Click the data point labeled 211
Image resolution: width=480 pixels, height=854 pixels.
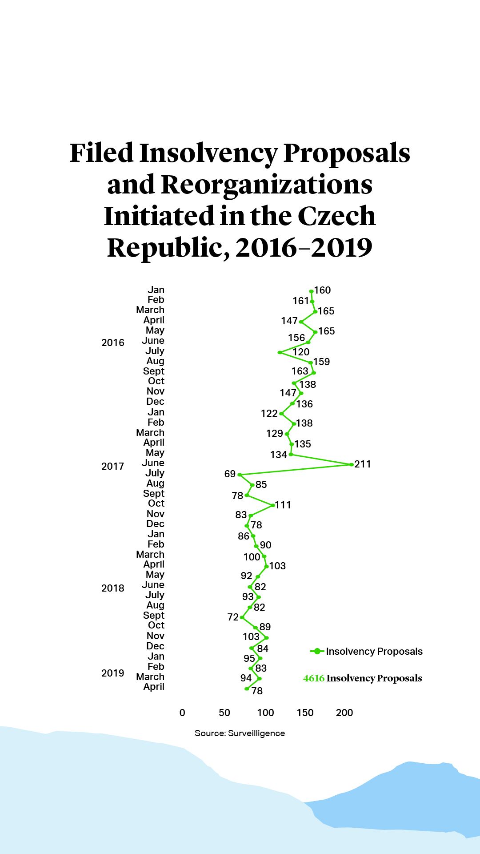point(352,464)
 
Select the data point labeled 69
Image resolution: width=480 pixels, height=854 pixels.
point(240,475)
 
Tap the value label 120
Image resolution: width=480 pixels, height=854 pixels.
point(301,352)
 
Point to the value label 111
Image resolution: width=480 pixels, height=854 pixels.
point(283,505)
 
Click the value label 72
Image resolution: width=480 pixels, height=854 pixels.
point(233,617)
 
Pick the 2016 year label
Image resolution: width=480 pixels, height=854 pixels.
point(113,342)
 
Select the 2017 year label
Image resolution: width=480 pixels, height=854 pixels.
point(113,466)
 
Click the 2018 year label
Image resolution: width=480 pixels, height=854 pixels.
point(113,588)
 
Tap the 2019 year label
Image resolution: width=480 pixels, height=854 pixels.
point(113,673)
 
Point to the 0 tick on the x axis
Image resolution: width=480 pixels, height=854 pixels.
point(182,713)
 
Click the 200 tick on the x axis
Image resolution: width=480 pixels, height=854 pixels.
point(344,713)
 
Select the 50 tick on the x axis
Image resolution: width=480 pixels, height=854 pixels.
point(224,713)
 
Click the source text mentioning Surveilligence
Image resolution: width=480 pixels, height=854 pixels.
point(240,733)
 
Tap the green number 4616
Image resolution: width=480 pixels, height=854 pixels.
point(314,678)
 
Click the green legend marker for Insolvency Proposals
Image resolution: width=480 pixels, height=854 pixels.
point(317,651)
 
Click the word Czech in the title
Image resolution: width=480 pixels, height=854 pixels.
point(336,216)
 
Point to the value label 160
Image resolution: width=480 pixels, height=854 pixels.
point(323,290)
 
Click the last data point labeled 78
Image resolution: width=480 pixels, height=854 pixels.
point(247,689)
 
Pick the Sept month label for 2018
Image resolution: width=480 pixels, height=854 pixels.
point(154,615)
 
